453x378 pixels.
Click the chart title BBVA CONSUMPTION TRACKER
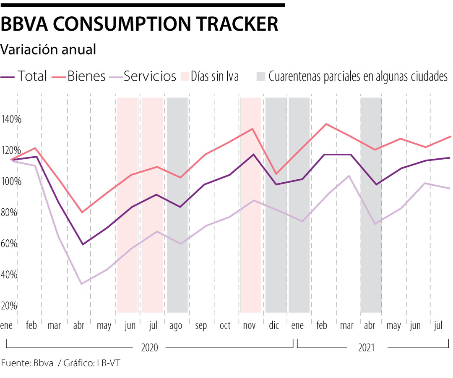coord(139,24)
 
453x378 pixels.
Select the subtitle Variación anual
coord(49,50)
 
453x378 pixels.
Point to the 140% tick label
coord(11,119)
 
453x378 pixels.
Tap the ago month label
coord(176,326)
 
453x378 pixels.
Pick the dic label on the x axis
coord(274,326)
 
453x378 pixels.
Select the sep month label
coord(201,326)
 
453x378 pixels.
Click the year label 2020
coord(149,348)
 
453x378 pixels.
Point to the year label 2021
coord(367,348)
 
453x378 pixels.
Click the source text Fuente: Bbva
coord(27,363)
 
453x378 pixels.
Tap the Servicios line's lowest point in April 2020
coord(81,284)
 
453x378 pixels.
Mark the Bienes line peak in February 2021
coord(326,124)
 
